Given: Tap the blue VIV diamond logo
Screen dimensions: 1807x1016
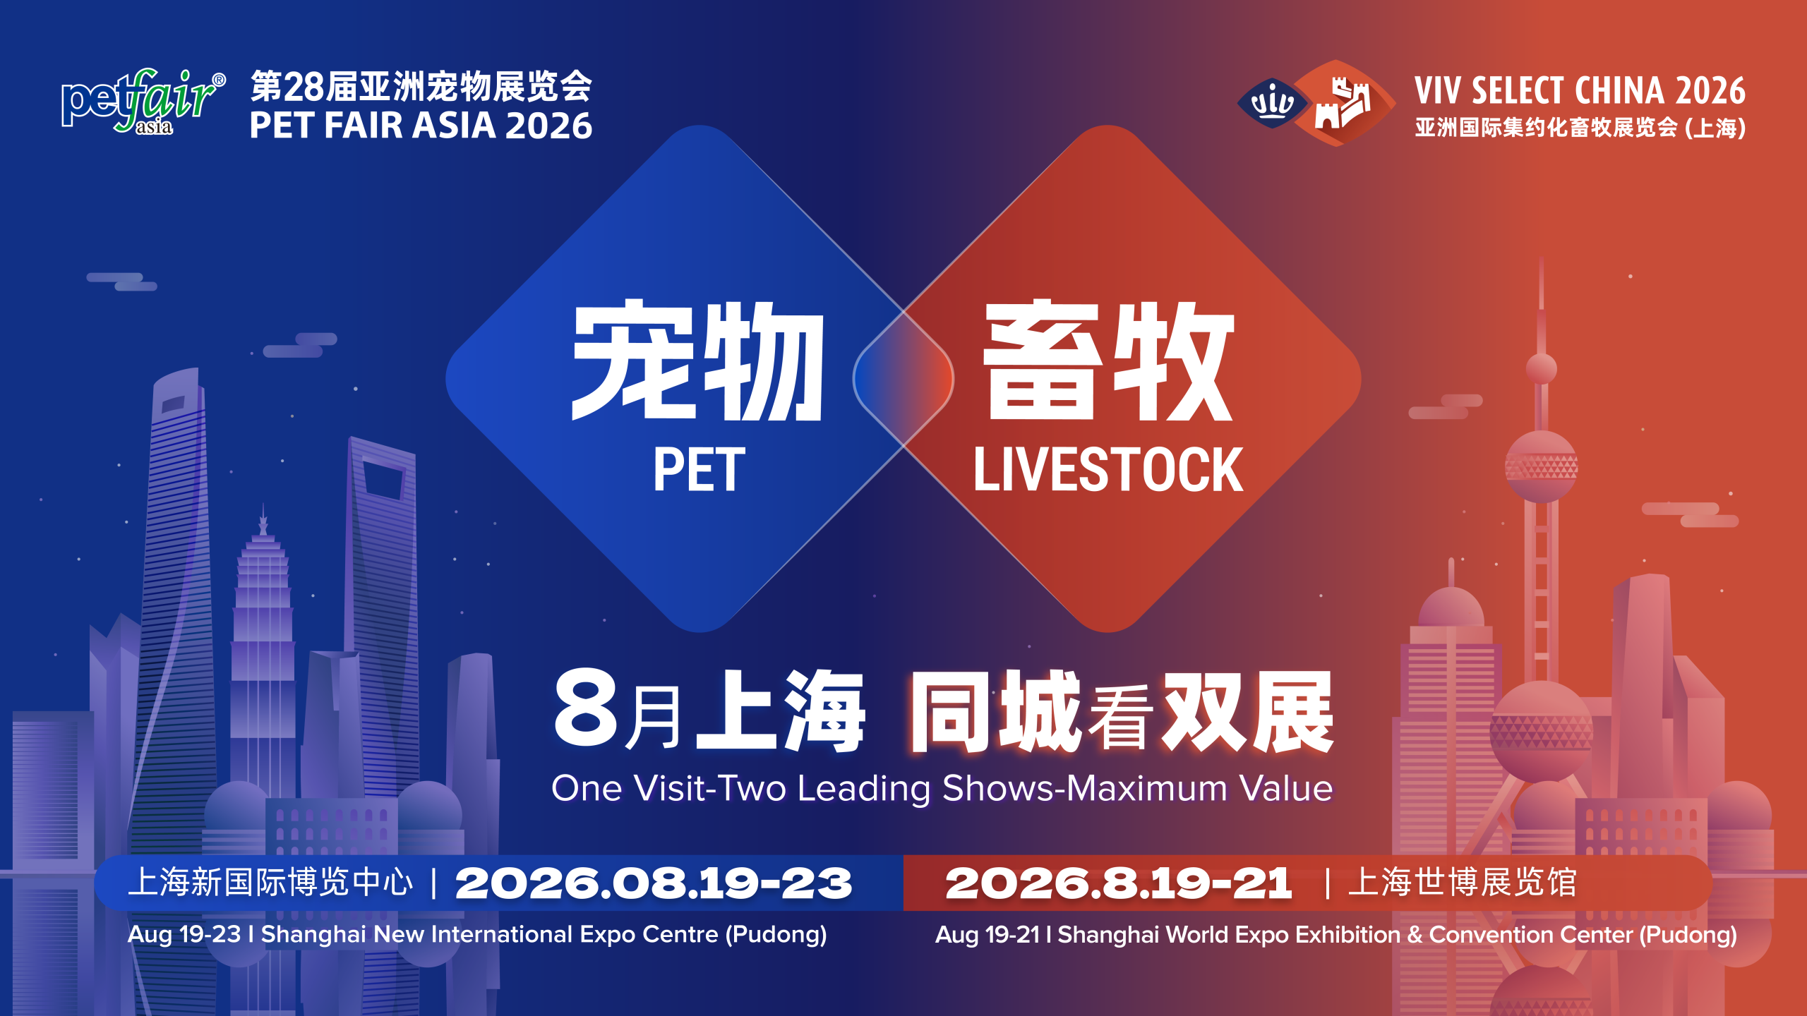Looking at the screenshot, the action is [1272, 103].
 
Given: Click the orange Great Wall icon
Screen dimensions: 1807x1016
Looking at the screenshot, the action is [1343, 103].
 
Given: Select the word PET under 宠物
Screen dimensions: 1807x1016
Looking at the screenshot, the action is [699, 470].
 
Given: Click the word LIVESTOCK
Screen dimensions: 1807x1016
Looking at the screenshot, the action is [1108, 470].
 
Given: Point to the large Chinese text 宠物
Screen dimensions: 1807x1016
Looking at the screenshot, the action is [697, 361].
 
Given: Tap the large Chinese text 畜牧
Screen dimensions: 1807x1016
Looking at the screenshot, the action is [1108, 361].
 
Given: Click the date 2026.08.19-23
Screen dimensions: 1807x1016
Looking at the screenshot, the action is [654, 883].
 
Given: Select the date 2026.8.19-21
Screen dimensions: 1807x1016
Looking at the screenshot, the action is [1118, 883].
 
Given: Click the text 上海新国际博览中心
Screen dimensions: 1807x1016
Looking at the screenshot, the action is [270, 883].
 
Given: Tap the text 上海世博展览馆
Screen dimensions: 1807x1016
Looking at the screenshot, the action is [1463, 883].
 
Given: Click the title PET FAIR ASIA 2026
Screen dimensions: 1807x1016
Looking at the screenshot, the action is [421, 126].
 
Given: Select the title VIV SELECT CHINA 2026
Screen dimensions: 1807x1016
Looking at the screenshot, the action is [1580, 90].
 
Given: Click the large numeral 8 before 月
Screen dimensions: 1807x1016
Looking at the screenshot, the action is [586, 707].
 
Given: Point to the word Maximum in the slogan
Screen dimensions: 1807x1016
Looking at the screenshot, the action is [1147, 788].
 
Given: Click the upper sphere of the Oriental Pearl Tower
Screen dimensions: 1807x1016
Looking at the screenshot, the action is [1541, 466].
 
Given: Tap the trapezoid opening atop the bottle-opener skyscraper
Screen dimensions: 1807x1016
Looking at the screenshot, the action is [382, 480].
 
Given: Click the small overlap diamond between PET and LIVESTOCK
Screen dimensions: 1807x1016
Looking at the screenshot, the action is [903, 379].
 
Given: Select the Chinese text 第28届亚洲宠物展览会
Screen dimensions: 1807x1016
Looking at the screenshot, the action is [421, 87].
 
